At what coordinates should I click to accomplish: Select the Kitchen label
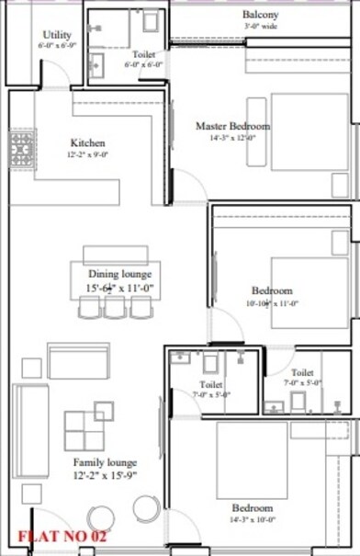(x=88, y=143)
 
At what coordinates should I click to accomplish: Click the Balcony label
(x=261, y=15)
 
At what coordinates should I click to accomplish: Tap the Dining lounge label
(x=119, y=274)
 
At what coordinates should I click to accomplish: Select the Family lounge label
(x=106, y=463)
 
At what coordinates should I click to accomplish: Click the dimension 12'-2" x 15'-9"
(x=106, y=476)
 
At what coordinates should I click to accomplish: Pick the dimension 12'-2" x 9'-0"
(x=88, y=155)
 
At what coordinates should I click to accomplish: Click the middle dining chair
(x=115, y=309)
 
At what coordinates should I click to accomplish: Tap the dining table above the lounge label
(x=108, y=255)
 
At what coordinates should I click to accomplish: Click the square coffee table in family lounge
(x=84, y=430)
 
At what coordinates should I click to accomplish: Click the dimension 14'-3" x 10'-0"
(x=252, y=519)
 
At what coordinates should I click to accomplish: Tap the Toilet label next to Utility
(x=143, y=55)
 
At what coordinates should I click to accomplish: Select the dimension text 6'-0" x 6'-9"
(x=55, y=44)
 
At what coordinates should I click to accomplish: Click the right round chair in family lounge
(x=147, y=508)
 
